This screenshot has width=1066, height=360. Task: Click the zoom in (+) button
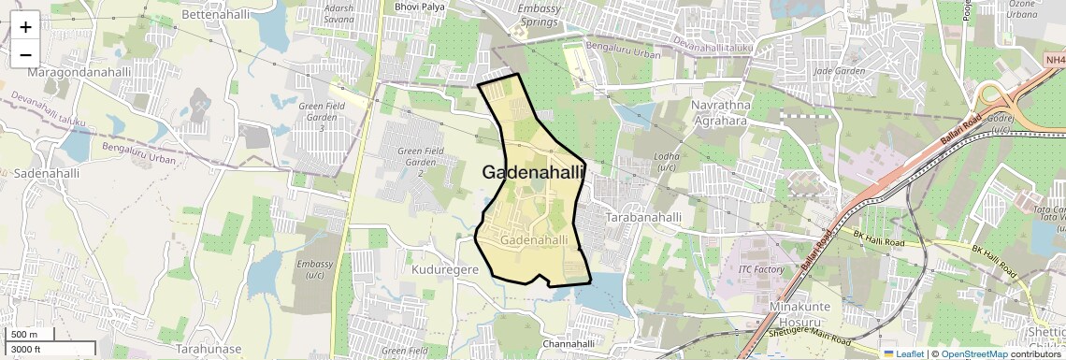[25, 26]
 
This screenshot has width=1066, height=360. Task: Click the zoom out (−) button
[25, 54]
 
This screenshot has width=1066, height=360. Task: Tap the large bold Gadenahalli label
[533, 172]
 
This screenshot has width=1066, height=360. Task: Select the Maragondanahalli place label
[79, 72]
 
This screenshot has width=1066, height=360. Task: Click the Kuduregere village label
[445, 268]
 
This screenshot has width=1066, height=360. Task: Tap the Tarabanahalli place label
[644, 217]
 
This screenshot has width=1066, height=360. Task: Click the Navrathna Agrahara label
[720, 113]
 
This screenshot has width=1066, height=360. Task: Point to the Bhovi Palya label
[420, 7]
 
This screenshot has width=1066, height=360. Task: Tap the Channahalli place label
[569, 344]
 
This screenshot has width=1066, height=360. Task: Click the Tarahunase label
[209, 349]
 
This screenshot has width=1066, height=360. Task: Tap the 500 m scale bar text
[24, 335]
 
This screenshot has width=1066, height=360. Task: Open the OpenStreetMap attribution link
[973, 353]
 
